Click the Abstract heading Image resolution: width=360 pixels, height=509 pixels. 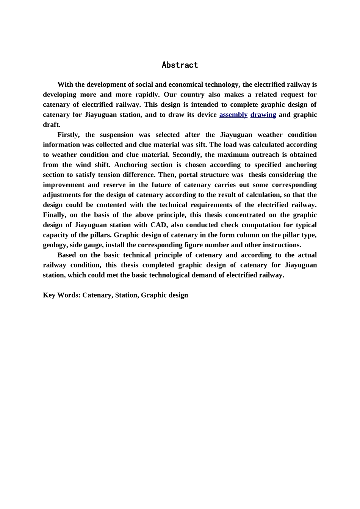click(x=180, y=65)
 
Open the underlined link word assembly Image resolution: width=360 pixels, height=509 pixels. click(x=233, y=115)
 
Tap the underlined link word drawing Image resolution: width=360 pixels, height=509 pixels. click(x=263, y=115)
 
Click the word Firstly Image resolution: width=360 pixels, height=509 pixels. click(x=69, y=135)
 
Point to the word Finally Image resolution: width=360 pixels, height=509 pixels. click(x=55, y=215)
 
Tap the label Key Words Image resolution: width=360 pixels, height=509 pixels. click(x=61, y=295)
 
